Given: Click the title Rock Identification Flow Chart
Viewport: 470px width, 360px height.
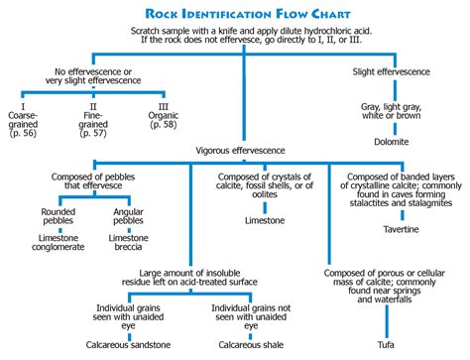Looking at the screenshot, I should [x=235, y=14].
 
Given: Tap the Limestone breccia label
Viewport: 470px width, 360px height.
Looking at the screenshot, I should [x=129, y=245].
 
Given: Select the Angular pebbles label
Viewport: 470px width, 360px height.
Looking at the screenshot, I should [x=129, y=216].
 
